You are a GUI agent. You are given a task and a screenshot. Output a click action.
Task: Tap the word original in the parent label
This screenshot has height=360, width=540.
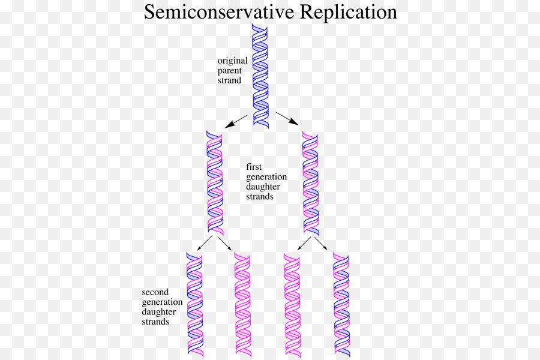(x=232, y=60)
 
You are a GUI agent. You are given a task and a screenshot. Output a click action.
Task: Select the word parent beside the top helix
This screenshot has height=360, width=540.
(x=230, y=70)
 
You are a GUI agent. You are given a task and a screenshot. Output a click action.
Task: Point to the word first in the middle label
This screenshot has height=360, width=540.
(x=253, y=167)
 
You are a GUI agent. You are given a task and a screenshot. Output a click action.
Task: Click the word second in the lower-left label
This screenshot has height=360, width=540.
(x=154, y=293)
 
